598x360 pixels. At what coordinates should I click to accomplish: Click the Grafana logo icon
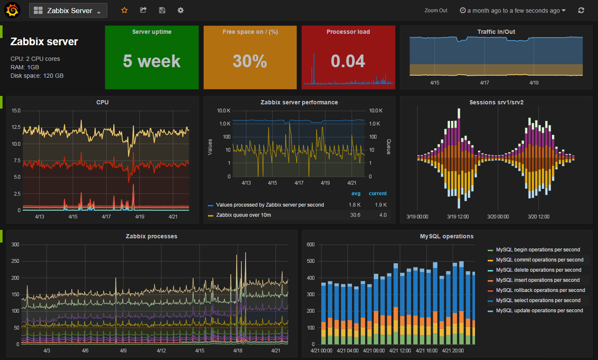[x=12, y=10]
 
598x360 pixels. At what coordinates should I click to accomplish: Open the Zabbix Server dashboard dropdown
[x=68, y=10]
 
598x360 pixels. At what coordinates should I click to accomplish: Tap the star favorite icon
[x=124, y=10]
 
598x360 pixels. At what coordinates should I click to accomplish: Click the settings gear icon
[x=180, y=10]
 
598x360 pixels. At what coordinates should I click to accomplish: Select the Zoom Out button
[x=435, y=10]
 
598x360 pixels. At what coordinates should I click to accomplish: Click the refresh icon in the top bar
[x=581, y=10]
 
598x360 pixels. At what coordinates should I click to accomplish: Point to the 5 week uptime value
[x=151, y=61]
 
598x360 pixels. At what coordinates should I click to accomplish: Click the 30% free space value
[x=249, y=61]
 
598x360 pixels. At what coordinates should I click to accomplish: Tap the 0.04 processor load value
[x=348, y=61]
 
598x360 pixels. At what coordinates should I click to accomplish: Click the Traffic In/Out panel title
[x=496, y=31]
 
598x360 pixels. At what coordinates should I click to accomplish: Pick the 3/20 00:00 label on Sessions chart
[x=498, y=217]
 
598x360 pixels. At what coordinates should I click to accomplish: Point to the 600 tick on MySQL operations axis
[x=309, y=244]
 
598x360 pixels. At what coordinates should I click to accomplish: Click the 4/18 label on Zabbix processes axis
[x=238, y=351]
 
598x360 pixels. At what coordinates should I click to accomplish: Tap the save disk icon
[x=161, y=10]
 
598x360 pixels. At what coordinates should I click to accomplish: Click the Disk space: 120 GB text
[x=37, y=75]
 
